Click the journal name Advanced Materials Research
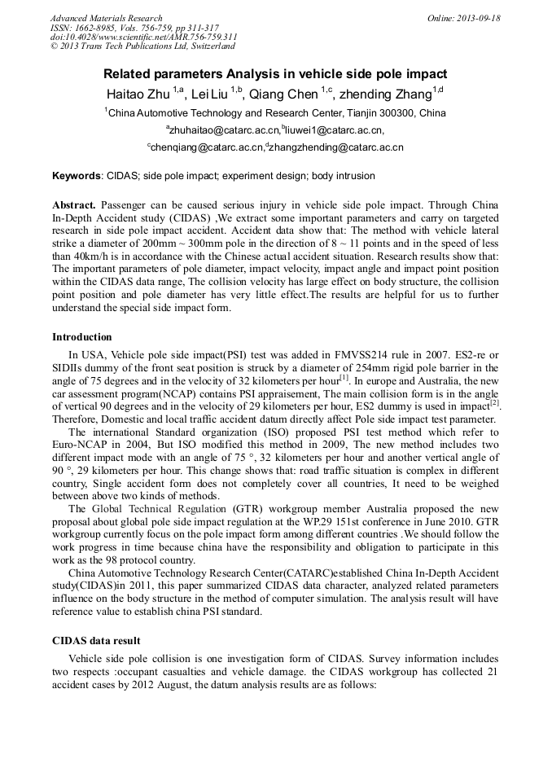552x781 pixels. (106, 18)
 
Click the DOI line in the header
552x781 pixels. (143, 37)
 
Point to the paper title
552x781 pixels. (275, 72)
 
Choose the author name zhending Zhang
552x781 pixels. (388, 94)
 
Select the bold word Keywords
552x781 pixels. (77, 176)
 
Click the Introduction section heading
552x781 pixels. (82, 337)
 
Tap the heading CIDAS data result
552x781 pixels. (96, 641)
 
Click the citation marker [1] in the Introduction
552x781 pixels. (344, 376)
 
